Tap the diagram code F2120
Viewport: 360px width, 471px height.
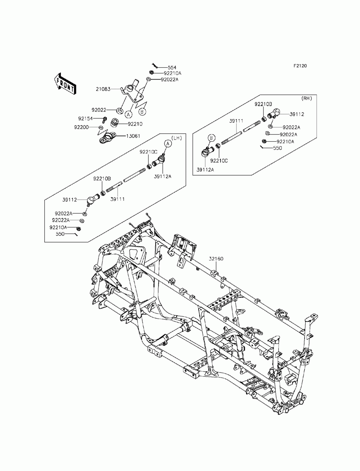[300, 66]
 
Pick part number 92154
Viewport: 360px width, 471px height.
[85, 118]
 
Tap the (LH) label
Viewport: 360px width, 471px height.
[177, 138]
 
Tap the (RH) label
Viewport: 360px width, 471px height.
[306, 98]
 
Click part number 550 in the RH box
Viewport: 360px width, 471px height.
[278, 148]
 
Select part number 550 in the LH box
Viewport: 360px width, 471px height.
[60, 234]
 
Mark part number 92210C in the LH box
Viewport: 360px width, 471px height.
[147, 152]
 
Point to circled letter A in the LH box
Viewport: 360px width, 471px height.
[167, 143]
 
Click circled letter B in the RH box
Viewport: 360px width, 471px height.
[212, 138]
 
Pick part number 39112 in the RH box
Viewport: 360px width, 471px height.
[297, 114]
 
